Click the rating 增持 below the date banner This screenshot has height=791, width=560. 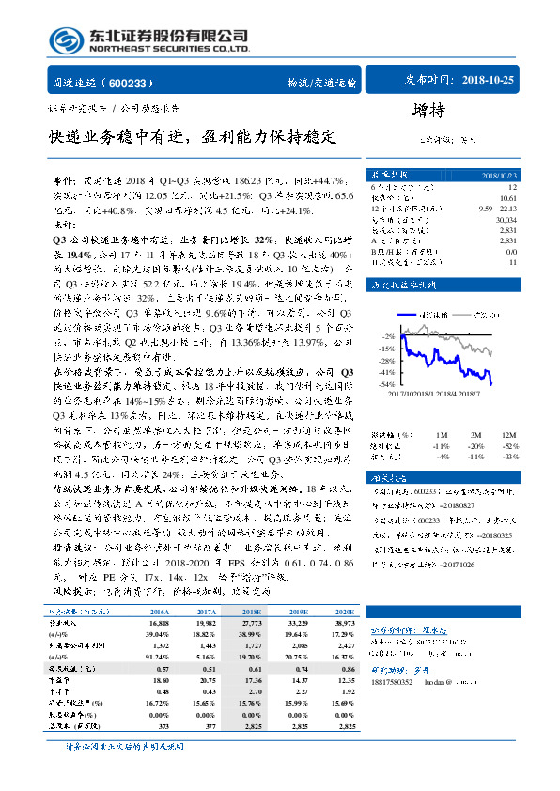click(x=428, y=110)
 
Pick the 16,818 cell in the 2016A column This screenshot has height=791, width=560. click(x=161, y=544)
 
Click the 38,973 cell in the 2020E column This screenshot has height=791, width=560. click(x=347, y=544)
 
